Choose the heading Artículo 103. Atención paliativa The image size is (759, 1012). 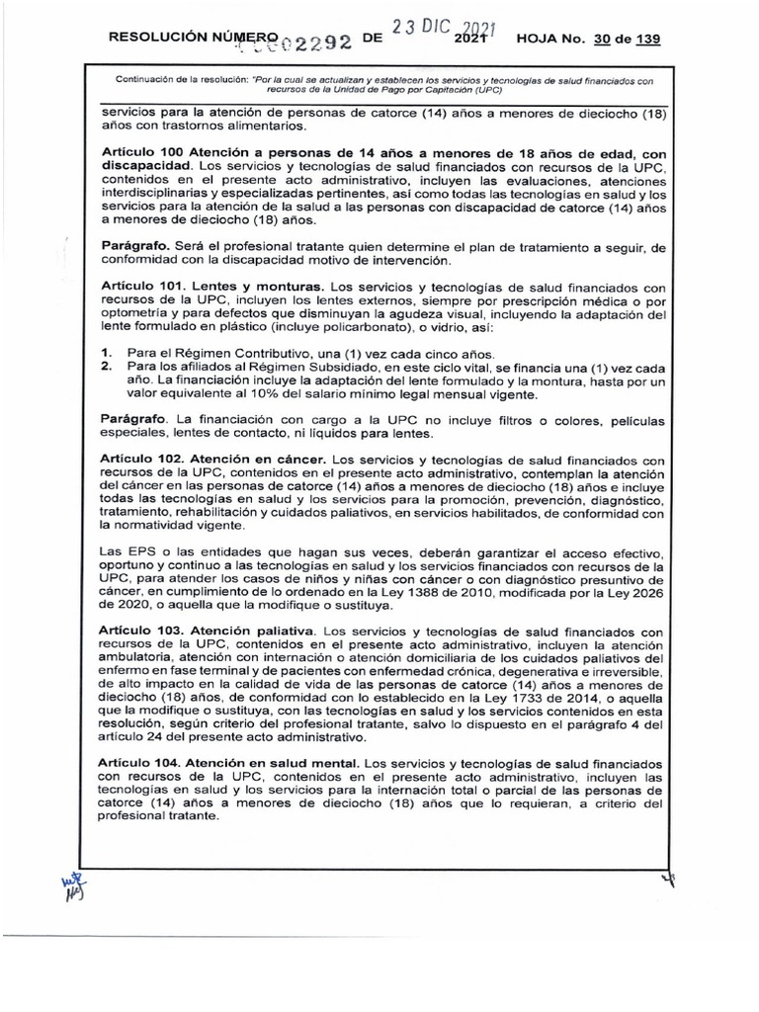(209, 630)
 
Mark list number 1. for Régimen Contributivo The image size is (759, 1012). (107, 353)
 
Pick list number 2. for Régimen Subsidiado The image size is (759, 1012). (107, 367)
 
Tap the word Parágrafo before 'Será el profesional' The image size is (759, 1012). (134, 243)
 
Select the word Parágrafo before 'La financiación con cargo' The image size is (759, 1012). (134, 420)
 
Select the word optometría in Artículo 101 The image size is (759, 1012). (140, 311)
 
